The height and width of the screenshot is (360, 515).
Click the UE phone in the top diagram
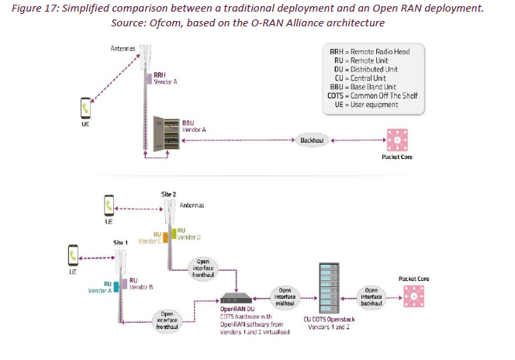point(85,106)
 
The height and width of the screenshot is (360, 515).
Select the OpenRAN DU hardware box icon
point(236,298)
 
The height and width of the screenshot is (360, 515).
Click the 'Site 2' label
point(168,192)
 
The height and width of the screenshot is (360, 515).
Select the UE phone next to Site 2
point(109,206)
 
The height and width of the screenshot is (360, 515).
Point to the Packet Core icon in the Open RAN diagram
point(413,296)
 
